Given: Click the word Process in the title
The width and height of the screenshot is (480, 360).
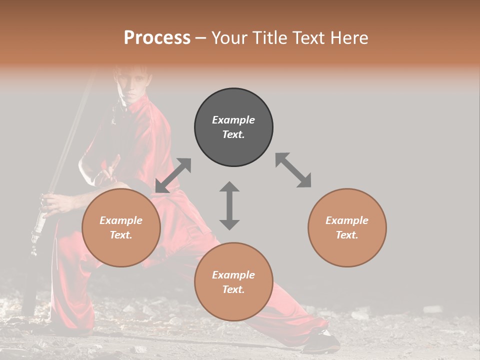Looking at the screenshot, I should click(x=157, y=38).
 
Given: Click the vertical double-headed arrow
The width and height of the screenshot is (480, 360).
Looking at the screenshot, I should click(x=229, y=205).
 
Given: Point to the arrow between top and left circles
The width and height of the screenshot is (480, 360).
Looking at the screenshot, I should click(x=173, y=175).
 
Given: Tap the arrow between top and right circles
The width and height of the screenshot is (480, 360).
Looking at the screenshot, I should click(x=293, y=170).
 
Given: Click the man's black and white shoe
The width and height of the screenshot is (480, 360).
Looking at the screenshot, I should click(x=320, y=342).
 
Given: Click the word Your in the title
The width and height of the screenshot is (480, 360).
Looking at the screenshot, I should click(x=228, y=38).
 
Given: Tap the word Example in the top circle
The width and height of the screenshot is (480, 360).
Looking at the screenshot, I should click(x=233, y=120).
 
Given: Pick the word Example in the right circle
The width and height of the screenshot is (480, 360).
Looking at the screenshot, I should click(x=347, y=220).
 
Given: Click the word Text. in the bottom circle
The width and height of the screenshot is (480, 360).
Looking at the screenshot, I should click(x=233, y=289).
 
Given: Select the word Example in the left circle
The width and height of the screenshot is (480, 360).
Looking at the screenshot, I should click(x=121, y=220).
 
